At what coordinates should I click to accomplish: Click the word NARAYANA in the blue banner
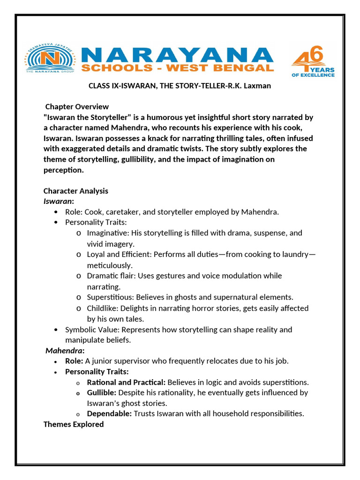click(x=177, y=55)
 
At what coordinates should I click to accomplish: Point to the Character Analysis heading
click(x=76, y=191)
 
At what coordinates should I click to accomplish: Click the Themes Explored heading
click(x=74, y=424)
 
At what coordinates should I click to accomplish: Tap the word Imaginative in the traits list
click(x=107, y=233)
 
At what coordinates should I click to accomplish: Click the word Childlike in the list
click(x=102, y=308)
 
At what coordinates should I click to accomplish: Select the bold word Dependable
click(x=109, y=413)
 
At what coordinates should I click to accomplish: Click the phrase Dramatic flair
click(x=110, y=276)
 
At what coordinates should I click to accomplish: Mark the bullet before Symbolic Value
click(x=56, y=330)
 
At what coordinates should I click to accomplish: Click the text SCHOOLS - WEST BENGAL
click(x=177, y=68)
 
